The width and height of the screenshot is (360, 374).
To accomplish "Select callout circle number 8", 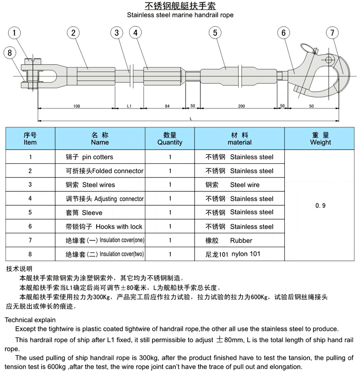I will click(x=9, y=52).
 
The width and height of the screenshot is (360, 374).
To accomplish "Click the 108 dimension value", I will click(x=77, y=106).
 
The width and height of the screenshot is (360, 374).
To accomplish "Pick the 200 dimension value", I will click(x=241, y=106).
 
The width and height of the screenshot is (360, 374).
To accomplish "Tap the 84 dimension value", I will click(x=167, y=106).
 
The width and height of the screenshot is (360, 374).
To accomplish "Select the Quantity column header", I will click(x=170, y=139).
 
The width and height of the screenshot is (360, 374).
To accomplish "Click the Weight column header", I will click(x=320, y=139).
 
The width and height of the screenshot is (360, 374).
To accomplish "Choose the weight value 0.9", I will click(x=320, y=205).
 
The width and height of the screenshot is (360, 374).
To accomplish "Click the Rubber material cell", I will click(x=241, y=240).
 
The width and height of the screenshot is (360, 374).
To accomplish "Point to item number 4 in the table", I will click(x=30, y=199).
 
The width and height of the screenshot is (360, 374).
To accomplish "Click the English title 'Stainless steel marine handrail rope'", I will click(x=180, y=15).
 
